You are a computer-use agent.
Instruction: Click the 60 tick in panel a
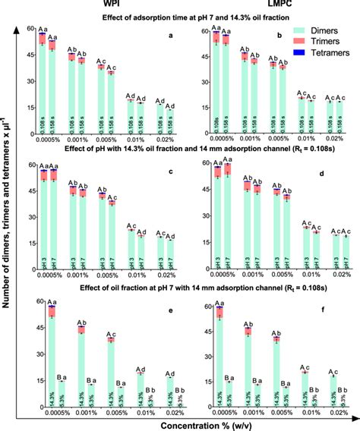[x=30, y=29]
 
